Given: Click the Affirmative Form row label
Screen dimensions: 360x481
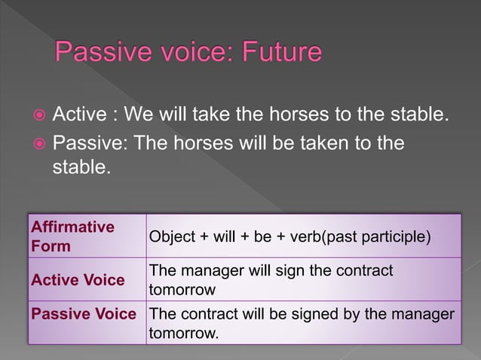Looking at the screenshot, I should click(x=72, y=236).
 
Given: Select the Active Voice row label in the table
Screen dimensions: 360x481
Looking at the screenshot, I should click(x=78, y=280).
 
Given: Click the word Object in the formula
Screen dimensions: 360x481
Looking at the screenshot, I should click(x=171, y=237).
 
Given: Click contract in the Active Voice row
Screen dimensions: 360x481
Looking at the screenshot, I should click(x=366, y=270).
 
